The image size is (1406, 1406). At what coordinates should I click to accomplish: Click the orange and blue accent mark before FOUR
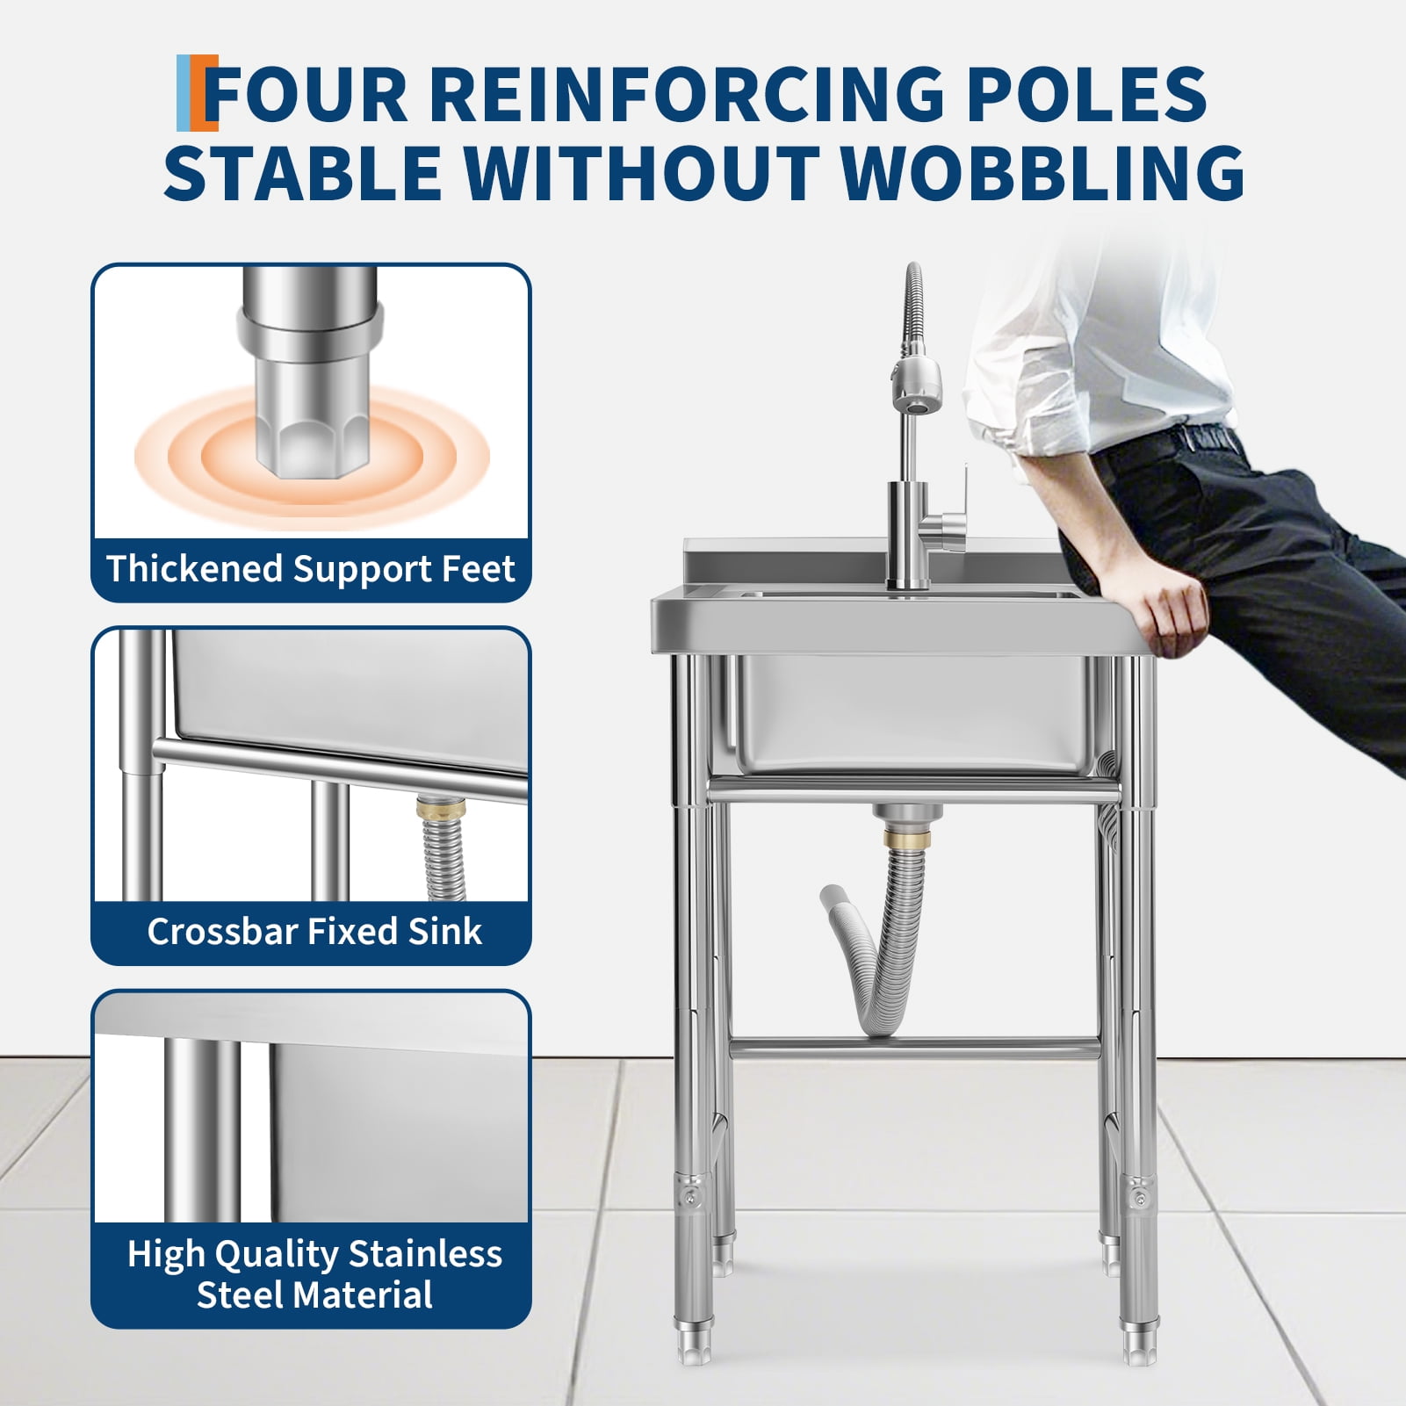tap(197, 92)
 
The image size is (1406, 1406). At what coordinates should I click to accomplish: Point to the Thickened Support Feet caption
tap(311, 569)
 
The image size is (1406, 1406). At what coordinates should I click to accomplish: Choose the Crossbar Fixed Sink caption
tap(314, 932)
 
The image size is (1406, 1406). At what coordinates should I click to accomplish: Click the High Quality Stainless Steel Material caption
tap(314, 1274)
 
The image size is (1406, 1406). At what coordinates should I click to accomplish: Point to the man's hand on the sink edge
tap(1169, 607)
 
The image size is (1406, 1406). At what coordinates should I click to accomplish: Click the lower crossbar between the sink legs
tap(914, 1048)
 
